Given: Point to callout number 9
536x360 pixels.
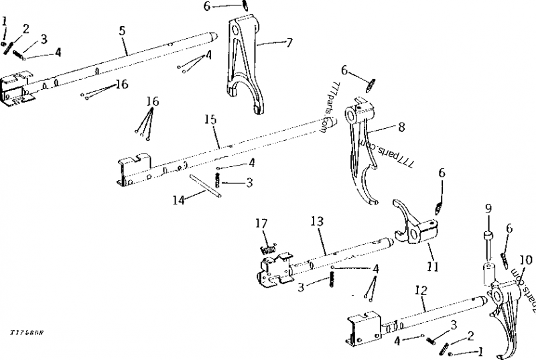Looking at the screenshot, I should tap(488, 207).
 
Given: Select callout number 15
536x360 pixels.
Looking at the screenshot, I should tap(210, 119).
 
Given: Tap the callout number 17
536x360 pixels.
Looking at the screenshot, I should tap(261, 224).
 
